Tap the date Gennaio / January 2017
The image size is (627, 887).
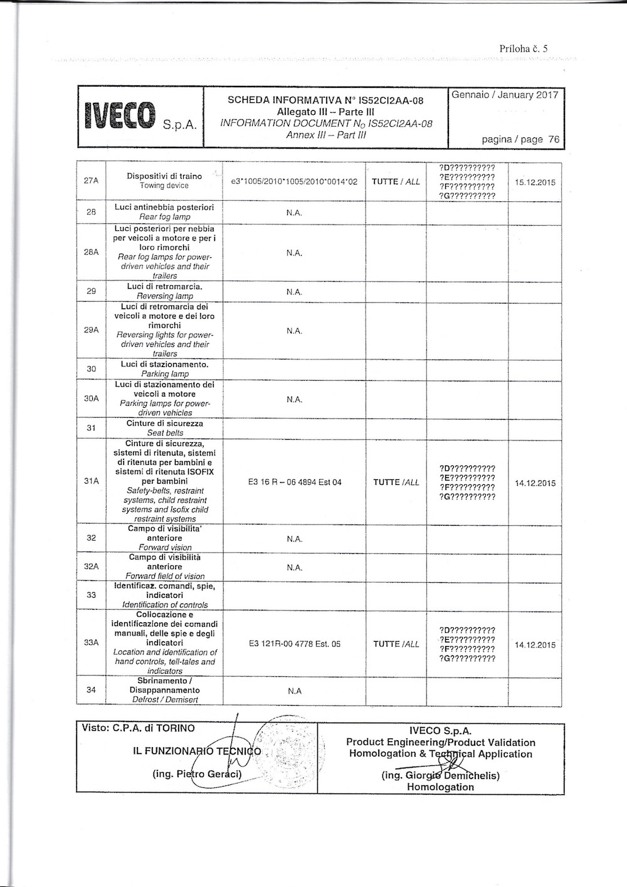[504, 95]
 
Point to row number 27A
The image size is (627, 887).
[92, 181]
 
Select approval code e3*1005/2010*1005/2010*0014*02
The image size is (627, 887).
[294, 181]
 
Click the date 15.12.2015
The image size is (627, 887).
[535, 183]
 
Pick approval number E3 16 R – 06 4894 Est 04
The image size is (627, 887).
[294, 482]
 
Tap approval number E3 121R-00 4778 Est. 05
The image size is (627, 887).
[294, 644]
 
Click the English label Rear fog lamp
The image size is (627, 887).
[165, 217]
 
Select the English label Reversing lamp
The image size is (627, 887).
[165, 296]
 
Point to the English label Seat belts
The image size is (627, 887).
[165, 433]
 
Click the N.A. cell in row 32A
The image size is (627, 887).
[294, 567]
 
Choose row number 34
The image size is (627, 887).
[92, 690]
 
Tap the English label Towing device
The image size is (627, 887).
[165, 186]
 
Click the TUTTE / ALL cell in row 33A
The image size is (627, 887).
[396, 644]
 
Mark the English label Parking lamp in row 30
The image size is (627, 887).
[165, 374]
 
